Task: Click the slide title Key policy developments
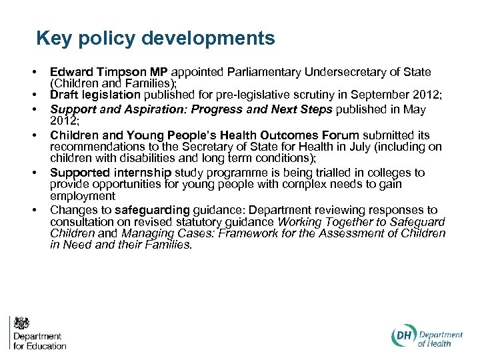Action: pyautogui.click(x=155, y=38)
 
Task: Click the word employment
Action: pyautogui.click(x=83, y=197)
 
